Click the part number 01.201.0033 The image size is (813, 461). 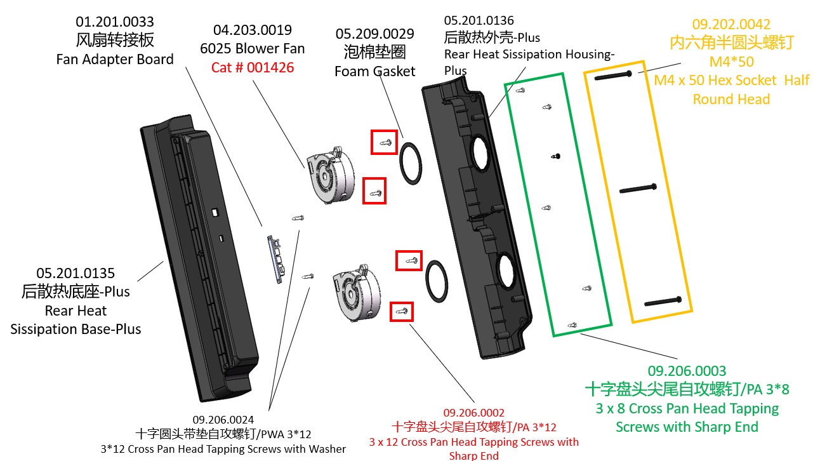tap(115, 23)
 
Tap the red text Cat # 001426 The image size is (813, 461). tap(253, 67)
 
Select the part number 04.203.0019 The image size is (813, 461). tap(253, 30)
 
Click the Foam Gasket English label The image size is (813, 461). tap(374, 71)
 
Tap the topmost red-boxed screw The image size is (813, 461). tap(384, 142)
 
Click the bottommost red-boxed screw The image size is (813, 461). tap(401, 311)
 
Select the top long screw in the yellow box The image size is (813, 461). tap(612, 75)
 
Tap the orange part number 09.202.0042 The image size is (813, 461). tap(731, 24)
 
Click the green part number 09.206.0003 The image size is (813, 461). tap(687, 371)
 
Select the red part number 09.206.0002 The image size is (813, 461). tap(474, 413)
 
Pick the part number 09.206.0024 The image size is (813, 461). tap(223, 420)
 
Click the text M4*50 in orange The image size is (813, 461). tap(731, 62)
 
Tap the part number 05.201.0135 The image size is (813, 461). tap(76, 273)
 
